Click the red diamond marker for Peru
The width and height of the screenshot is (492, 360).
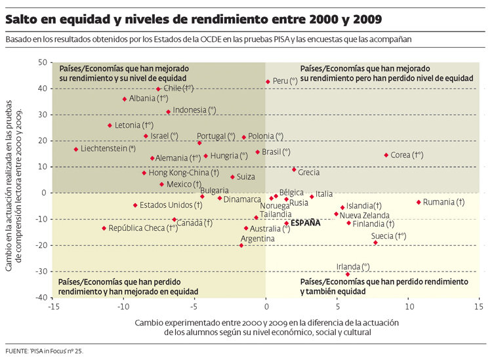tap(268, 82)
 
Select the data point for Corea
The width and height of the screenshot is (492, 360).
tap(386, 155)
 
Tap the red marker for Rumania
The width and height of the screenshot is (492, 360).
tap(419, 202)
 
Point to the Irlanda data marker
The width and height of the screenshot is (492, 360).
tap(348, 274)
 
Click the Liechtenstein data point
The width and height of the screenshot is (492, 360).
tap(76, 150)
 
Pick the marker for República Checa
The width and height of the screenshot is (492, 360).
tap(104, 228)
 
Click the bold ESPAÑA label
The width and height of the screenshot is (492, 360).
tap(306, 223)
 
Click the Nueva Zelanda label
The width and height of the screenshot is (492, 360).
tap(364, 214)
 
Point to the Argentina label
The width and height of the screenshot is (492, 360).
tap(257, 239)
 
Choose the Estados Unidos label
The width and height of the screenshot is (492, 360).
tap(166, 205)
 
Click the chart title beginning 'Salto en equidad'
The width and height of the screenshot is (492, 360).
tap(194, 20)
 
